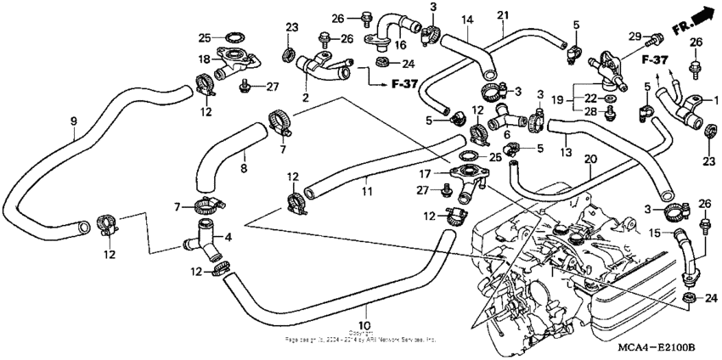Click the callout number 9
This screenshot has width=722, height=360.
[73, 121]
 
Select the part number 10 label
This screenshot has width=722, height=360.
[364, 325]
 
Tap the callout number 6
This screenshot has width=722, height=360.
[507, 134]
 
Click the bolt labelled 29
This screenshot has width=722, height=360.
[656, 38]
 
